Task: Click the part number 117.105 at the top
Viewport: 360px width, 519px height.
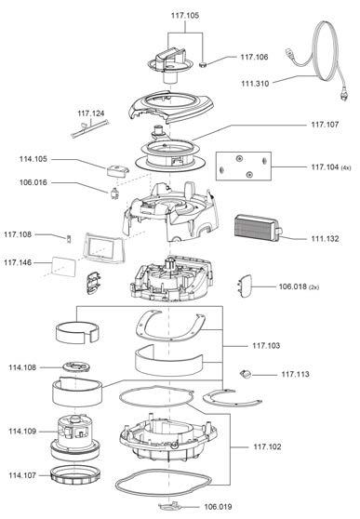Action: [x=185, y=16]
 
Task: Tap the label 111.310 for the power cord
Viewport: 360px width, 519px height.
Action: [x=255, y=84]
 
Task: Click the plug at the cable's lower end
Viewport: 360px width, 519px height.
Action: [x=344, y=94]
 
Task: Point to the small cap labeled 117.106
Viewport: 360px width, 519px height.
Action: [x=203, y=64]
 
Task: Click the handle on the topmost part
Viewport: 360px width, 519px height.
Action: [x=171, y=55]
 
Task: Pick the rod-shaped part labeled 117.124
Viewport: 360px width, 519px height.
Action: [x=89, y=128]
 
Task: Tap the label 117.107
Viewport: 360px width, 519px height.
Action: [x=325, y=125]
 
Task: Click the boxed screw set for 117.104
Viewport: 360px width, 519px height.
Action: [x=244, y=166]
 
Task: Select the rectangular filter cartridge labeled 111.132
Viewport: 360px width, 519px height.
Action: [x=259, y=228]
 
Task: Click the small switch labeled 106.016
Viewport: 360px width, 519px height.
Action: [x=114, y=193]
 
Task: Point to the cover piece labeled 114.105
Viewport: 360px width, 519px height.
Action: [x=117, y=170]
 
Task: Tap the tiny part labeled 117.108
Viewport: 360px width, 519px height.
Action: [x=69, y=239]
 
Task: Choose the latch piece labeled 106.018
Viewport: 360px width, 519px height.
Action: [x=245, y=286]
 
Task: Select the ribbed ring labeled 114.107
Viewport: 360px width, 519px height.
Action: [x=74, y=475]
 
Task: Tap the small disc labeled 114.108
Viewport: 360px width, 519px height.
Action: [x=76, y=366]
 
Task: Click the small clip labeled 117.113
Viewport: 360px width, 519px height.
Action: [x=245, y=374]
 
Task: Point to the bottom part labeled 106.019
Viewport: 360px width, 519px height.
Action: [x=170, y=506]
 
